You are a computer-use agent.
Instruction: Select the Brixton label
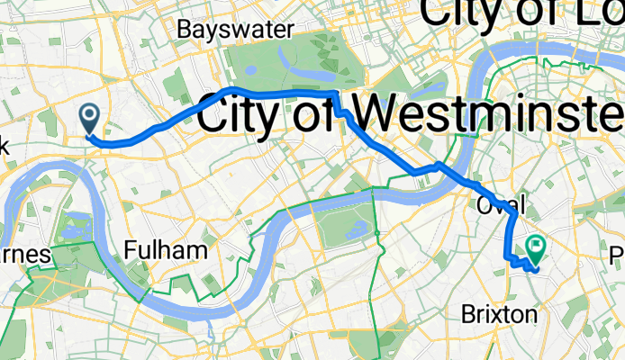tap(500, 314)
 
